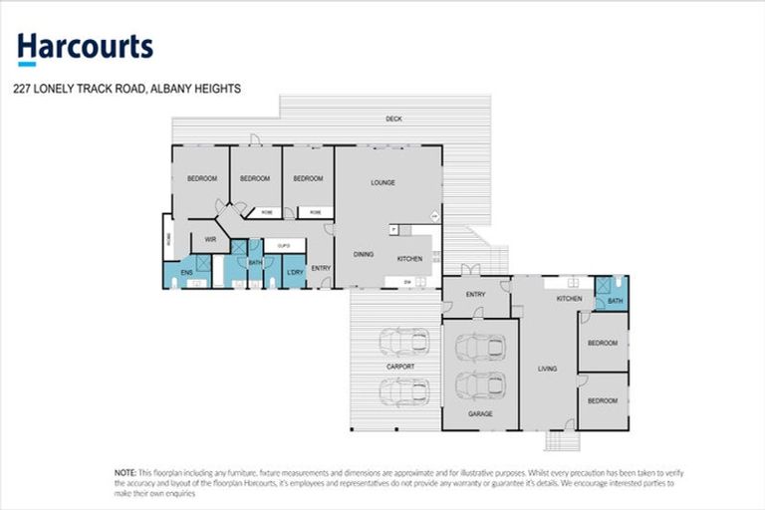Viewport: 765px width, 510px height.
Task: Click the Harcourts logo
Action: tap(85, 48)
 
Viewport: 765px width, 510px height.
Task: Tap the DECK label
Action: tap(393, 120)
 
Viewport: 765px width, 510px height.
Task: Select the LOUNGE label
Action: tap(383, 182)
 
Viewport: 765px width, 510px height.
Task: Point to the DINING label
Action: tap(364, 255)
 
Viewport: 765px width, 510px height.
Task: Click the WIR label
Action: tap(210, 240)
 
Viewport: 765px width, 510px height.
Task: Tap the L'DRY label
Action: tap(294, 272)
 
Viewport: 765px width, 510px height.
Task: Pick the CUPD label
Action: tap(283, 244)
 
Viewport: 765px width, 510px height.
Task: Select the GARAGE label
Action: tap(480, 412)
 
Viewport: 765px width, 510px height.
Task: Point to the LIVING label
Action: tap(547, 369)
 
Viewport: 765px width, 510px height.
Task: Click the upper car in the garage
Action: tap(479, 348)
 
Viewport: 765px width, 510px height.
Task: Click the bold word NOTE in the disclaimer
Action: tap(127, 473)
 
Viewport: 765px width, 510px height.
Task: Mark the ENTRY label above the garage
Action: tap(475, 295)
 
